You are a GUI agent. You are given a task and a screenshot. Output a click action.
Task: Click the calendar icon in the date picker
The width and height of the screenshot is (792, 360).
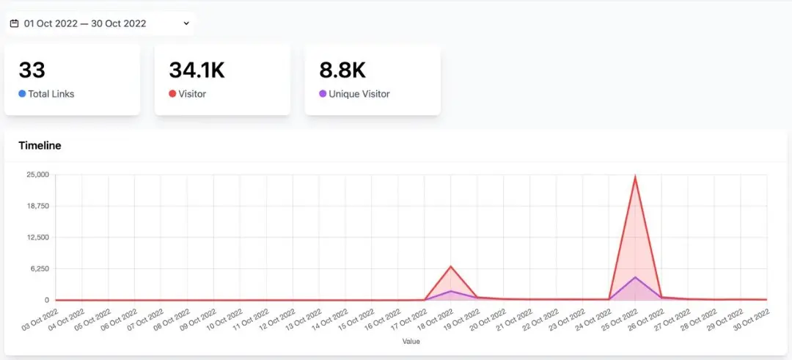coord(14,23)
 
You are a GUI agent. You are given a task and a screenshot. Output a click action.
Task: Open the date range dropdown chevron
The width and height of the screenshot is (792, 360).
coord(186,23)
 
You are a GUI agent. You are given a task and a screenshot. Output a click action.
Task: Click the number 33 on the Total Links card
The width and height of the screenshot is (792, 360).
coord(32,70)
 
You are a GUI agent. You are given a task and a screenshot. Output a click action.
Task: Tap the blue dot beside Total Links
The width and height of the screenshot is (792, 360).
coord(22,94)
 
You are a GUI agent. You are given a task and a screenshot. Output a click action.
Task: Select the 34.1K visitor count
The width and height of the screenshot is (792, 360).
coord(197,70)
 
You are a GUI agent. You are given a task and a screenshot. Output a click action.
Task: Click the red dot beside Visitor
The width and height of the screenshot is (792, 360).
coord(172,94)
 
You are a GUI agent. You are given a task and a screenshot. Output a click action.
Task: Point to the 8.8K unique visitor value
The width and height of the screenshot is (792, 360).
coord(342,70)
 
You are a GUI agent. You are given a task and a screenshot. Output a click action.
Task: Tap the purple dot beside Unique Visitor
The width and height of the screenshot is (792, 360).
coord(323,94)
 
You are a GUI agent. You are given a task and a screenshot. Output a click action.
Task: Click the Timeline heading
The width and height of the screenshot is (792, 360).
coord(40,145)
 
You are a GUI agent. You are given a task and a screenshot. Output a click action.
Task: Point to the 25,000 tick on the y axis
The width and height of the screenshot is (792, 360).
coord(37,175)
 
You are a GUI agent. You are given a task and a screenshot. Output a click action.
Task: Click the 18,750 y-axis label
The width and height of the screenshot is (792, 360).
coord(37,206)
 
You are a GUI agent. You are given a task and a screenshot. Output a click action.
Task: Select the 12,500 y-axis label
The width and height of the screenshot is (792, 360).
coord(37,238)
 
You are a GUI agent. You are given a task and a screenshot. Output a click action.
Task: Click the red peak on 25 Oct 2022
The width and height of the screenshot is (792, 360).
coord(634,177)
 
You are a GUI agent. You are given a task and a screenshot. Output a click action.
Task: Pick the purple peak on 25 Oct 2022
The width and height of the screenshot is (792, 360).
coord(634,277)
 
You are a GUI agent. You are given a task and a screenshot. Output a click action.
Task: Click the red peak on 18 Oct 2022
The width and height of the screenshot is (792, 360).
coord(451,266)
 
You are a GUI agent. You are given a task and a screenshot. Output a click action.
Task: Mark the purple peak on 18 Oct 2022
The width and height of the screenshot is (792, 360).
coord(451,291)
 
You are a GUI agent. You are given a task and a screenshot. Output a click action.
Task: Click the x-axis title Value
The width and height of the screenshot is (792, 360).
coord(411,341)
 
